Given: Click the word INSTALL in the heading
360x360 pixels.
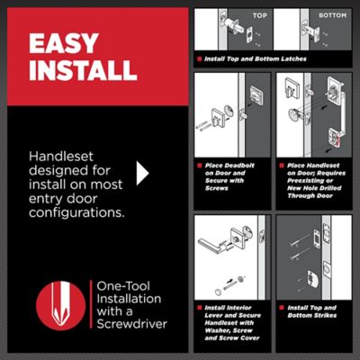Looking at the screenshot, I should [x=83, y=71].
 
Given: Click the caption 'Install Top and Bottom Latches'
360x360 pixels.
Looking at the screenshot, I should [x=257, y=59].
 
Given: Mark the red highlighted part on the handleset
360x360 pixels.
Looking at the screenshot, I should [x=335, y=136].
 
